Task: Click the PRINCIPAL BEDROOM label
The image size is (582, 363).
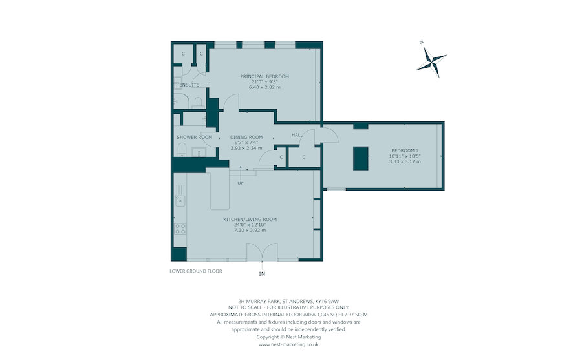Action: pyautogui.click(x=264, y=76)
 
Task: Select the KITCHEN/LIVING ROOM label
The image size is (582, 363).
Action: pyautogui.click(x=250, y=220)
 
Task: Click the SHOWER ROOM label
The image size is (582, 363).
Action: pyautogui.click(x=194, y=137)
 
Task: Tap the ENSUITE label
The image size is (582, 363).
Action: pyautogui.click(x=189, y=85)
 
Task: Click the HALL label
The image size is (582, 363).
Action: pyautogui.click(x=297, y=135)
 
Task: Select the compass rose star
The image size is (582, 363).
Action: pyautogui.click(x=431, y=62)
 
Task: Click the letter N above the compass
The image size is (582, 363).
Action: pyautogui.click(x=421, y=42)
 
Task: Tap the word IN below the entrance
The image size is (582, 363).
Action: pyautogui.click(x=262, y=274)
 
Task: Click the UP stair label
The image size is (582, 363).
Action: pyautogui.click(x=241, y=183)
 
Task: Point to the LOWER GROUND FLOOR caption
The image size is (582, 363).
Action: pyautogui.click(x=196, y=271)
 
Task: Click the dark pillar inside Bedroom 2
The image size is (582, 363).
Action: pyautogui.click(x=360, y=158)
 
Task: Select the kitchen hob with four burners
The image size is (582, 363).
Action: pyautogui.click(x=180, y=229)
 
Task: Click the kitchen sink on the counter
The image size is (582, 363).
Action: pyautogui.click(x=180, y=201)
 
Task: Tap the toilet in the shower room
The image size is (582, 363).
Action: pyautogui.click(x=182, y=150)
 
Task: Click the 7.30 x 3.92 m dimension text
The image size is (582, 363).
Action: pyautogui.click(x=250, y=230)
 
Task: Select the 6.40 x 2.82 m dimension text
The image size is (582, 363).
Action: pyautogui.click(x=264, y=87)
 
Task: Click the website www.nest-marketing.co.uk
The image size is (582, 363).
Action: pyautogui.click(x=288, y=344)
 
